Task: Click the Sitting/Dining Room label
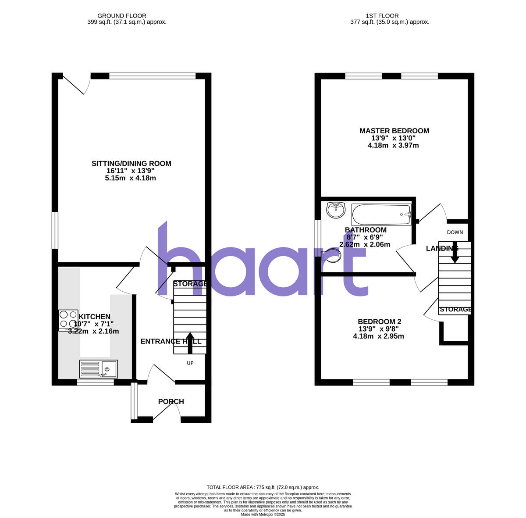point(131,164)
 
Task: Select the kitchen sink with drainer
point(99,369)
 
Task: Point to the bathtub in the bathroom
point(381,214)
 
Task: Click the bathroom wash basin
point(336,210)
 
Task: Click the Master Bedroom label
point(394,131)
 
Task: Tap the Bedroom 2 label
point(379,322)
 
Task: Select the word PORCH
point(171,401)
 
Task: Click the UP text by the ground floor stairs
point(190,363)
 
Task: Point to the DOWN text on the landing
point(455,232)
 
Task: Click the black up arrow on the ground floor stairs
point(190,343)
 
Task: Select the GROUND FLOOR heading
point(122,16)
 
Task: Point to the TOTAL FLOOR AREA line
point(263,487)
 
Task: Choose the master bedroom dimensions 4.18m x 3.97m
point(393,145)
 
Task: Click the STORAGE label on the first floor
point(455,310)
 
